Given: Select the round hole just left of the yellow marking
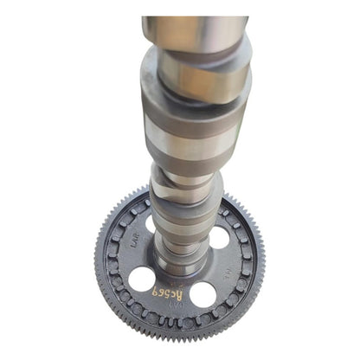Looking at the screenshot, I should click(141, 279).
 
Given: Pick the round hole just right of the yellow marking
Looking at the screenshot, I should click(204, 293).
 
